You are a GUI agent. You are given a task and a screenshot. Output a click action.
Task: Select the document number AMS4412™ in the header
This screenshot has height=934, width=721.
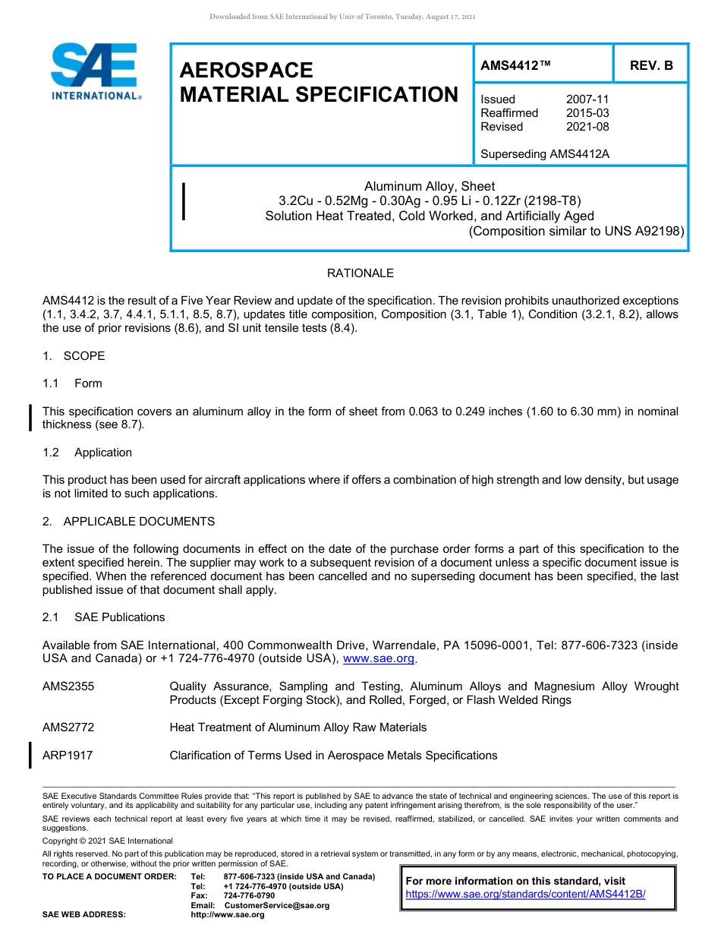coord(515,65)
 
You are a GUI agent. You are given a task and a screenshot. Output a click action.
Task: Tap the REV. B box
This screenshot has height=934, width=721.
coord(650,65)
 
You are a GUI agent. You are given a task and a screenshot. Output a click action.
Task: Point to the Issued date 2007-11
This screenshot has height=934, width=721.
coord(587,99)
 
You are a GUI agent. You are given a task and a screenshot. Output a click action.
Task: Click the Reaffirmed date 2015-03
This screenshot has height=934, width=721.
coord(587,113)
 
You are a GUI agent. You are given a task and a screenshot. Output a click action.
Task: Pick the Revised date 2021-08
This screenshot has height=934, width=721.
coord(587,127)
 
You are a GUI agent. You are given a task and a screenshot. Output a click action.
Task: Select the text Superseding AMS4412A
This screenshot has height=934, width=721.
coord(545,154)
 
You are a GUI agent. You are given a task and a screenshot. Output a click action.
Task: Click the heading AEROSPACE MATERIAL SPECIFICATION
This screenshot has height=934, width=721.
coord(319,83)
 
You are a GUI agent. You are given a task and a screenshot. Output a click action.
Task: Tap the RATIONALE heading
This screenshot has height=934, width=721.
coord(360,273)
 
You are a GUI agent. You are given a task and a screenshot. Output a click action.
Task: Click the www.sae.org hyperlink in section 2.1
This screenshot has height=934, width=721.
coord(379,659)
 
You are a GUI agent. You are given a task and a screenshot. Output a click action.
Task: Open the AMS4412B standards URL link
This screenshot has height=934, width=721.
coord(525,895)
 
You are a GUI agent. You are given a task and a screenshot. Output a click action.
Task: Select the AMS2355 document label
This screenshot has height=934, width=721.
coord(68,686)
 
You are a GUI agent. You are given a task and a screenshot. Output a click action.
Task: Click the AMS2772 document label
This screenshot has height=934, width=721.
coord(68,727)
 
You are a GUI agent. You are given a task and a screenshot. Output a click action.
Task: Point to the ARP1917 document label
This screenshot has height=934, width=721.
coord(68,756)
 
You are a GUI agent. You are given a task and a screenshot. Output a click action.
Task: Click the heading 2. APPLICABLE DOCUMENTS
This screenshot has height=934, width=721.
coord(128,522)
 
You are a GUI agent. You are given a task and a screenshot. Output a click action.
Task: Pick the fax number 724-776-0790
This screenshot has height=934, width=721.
coord(249,896)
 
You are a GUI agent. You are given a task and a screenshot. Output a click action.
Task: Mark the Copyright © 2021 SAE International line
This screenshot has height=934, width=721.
coord(108,841)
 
